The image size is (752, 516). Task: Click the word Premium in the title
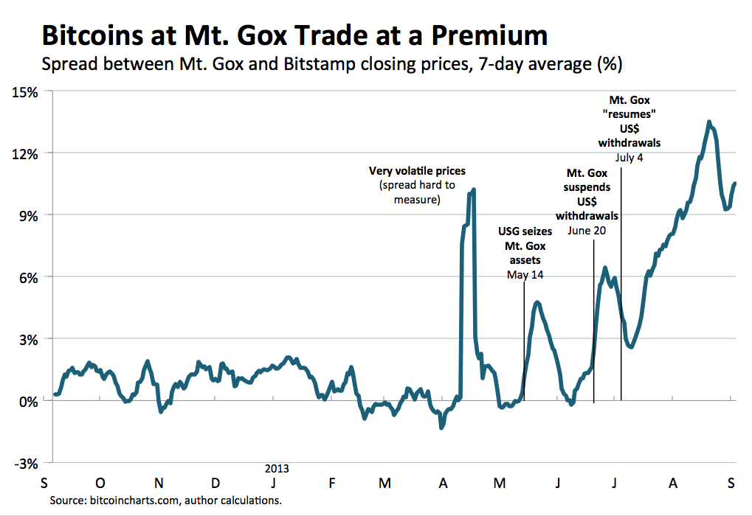click(x=479, y=36)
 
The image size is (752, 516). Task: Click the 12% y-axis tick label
click(x=27, y=153)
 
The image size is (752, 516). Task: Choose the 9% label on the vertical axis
click(x=30, y=215)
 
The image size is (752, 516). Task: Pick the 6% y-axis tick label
click(x=30, y=277)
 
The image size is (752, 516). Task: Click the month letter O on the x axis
click(x=100, y=484)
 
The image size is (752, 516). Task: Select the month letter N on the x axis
click(x=158, y=484)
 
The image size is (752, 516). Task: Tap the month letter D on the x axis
click(x=215, y=484)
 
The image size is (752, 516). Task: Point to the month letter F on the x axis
click(x=332, y=484)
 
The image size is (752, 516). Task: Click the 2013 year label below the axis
click(x=277, y=469)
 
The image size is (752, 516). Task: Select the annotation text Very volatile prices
click(x=417, y=171)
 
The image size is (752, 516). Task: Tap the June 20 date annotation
click(x=587, y=230)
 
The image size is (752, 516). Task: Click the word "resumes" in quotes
click(x=629, y=114)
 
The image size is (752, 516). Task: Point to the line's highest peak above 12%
click(x=708, y=122)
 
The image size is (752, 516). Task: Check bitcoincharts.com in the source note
click(x=137, y=501)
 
